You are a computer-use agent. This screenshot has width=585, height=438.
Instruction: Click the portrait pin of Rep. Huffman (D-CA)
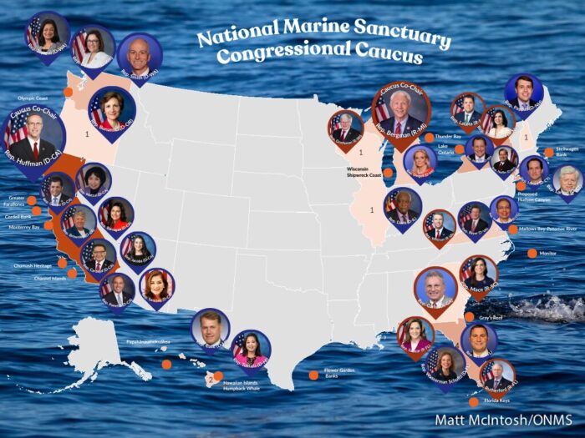[31, 137]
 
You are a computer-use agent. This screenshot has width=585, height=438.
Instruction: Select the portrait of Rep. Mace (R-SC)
[477, 274]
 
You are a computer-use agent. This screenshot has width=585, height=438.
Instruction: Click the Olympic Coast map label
[34, 98]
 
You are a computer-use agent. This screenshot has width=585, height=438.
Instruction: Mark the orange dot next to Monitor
[532, 253]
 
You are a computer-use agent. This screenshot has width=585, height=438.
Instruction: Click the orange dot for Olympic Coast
[68, 92]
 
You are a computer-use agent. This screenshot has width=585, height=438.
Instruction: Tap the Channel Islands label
[49, 278]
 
